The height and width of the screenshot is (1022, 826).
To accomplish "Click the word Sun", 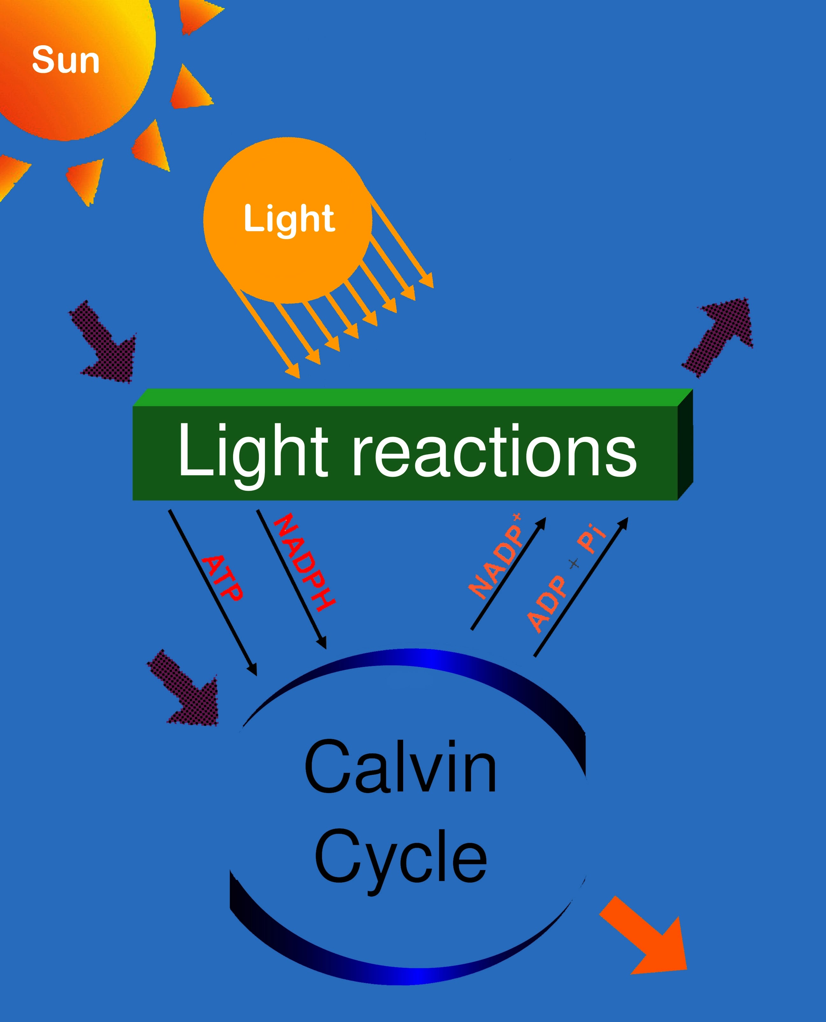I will [66, 61].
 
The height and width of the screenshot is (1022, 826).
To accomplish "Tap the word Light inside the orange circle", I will [289, 219].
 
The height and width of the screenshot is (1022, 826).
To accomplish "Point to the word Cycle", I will [400, 856].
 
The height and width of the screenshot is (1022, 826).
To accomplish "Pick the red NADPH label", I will [304, 562].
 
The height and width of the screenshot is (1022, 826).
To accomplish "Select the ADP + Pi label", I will [566, 578].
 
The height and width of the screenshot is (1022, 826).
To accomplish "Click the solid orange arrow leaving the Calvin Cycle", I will [647, 940].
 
